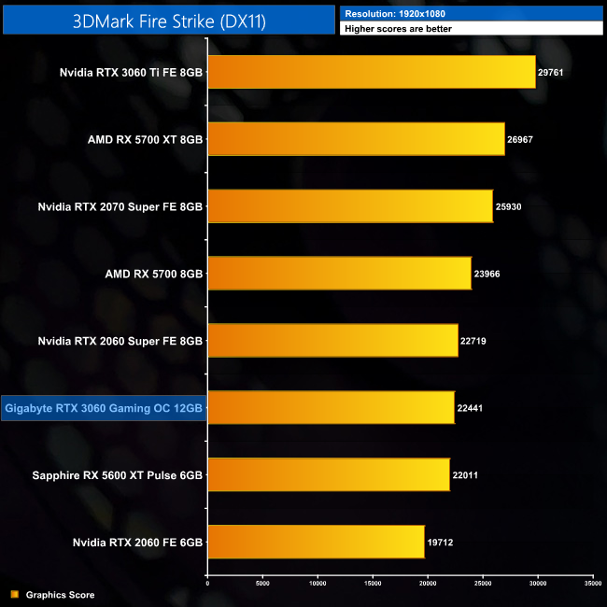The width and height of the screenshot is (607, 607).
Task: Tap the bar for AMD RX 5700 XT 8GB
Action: pyautogui.click(x=356, y=139)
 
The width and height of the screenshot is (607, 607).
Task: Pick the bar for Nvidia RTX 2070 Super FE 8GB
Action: pyautogui.click(x=349, y=206)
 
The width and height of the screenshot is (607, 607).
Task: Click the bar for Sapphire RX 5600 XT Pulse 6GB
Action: pyautogui.click(x=328, y=474)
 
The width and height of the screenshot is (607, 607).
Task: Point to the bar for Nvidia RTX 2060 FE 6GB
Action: pyautogui.click(x=316, y=542)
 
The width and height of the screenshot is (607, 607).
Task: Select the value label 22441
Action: pyautogui.click(x=471, y=408)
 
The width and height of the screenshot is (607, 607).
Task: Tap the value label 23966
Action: pyautogui.click(x=487, y=274)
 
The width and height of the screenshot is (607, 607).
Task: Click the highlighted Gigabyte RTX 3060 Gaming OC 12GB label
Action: pyautogui.click(x=103, y=408)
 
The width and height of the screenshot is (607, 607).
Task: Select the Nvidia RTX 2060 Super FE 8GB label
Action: pyautogui.click(x=120, y=341)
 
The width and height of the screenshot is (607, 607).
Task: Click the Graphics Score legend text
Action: pyautogui.click(x=60, y=595)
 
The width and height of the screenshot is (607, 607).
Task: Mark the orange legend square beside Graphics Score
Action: pyautogui.click(x=14, y=595)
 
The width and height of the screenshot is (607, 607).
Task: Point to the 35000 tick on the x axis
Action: pyautogui.click(x=592, y=583)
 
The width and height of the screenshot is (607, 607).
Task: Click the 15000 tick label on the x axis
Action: pyautogui.click(x=373, y=583)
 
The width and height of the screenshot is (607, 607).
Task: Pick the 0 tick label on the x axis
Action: pyautogui.click(x=207, y=583)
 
